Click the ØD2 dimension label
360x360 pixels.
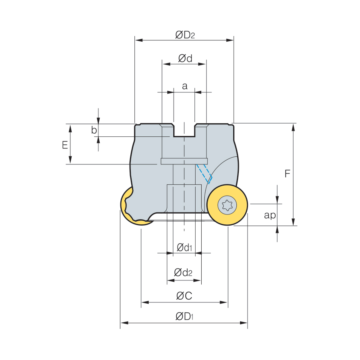point(185,35)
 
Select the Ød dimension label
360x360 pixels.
point(185,58)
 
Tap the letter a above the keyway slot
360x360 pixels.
point(184,86)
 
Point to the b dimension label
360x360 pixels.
point(94,130)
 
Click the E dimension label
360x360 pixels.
point(65,145)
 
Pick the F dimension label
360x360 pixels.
point(287,174)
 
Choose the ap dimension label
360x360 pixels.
point(270,215)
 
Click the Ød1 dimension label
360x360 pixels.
point(184,248)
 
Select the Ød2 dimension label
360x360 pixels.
point(183,272)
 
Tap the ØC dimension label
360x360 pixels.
point(184,296)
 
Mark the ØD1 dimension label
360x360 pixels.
point(184,316)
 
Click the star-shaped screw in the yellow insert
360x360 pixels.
point(227,205)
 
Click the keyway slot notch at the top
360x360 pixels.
point(184,130)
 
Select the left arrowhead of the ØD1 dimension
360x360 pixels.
point(124,323)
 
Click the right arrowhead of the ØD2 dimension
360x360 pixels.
point(230,40)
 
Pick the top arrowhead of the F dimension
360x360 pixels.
point(293,127)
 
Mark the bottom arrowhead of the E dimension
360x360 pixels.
point(70,160)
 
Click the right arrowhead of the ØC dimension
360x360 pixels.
point(224,302)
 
